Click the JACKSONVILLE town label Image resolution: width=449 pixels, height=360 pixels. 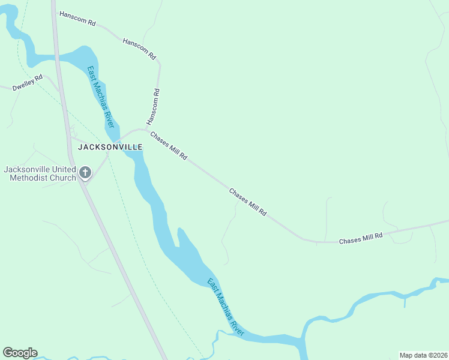tap(107, 147)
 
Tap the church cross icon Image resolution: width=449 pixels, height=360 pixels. tap(85, 173)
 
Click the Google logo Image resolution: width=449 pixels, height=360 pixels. tap(20, 353)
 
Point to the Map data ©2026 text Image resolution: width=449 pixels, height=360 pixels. tap(423, 355)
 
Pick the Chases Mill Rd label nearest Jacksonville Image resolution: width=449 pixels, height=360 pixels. tap(169, 146)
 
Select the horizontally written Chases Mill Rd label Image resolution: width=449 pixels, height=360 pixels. tap(361, 238)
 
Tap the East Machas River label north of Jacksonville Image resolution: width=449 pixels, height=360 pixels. tap(100, 97)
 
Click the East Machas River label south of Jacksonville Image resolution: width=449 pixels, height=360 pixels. tap(226, 306)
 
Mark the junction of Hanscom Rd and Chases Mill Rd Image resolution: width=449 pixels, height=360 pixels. tap(147, 129)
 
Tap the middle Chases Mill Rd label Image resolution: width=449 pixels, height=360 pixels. tap(247, 202)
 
